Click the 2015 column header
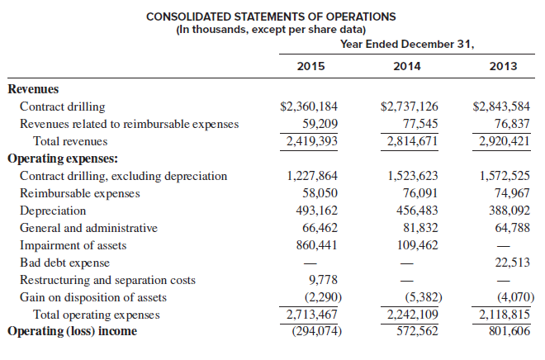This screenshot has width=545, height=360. pos(310,66)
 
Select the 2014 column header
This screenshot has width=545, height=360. pos(406,66)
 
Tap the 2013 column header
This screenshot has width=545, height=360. pos(503,66)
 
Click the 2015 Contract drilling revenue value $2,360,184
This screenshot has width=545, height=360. pos(309,107)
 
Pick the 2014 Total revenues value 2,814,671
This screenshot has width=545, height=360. pos(412,141)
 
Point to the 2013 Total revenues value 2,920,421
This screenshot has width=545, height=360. pos(505,141)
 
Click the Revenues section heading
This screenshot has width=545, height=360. pos(33,89)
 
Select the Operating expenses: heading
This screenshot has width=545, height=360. pos(63,159)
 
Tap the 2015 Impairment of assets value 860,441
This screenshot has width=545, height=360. pos(316,245)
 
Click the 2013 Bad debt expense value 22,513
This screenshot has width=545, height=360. pos(512,263)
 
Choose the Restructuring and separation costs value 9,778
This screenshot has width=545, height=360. pos(323,280)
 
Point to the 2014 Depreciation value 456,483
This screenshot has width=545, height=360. pos(417,211)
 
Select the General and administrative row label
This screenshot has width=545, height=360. pos(88,228)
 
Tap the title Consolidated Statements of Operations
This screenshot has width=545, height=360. pos(271,17)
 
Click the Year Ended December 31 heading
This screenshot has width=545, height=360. pos(407,44)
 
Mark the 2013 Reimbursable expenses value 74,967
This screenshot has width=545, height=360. pos(512,193)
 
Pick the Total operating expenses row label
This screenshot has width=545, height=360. pos(97,315)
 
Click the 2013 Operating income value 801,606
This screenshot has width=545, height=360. pos(509,331)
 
